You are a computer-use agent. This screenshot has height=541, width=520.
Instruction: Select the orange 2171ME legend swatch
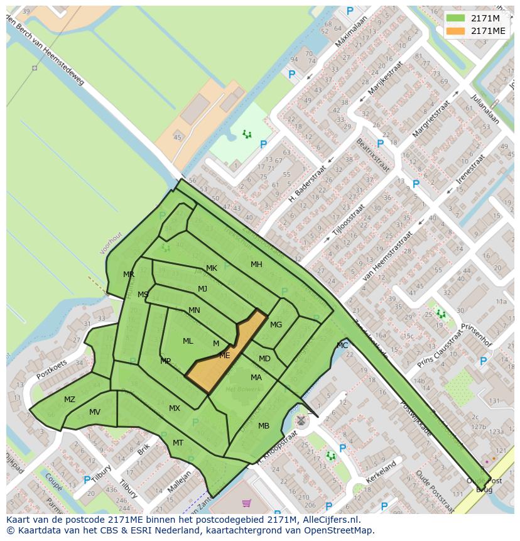(455, 31)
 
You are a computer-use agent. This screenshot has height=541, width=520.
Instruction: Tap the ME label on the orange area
(224, 355)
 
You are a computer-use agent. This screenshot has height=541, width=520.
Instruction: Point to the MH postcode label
(256, 265)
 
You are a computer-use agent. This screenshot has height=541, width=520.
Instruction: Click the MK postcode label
(212, 268)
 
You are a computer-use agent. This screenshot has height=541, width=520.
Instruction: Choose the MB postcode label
(264, 426)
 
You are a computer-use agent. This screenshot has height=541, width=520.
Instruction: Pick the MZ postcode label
(70, 400)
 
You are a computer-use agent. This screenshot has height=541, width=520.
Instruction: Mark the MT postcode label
(178, 443)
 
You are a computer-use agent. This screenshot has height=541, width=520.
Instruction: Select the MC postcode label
(342, 346)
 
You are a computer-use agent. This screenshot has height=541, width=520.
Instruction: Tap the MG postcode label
(276, 325)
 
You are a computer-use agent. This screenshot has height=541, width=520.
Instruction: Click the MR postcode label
(129, 275)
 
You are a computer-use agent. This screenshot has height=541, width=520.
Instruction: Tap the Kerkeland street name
(381, 473)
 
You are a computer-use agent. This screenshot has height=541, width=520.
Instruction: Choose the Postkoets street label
(51, 369)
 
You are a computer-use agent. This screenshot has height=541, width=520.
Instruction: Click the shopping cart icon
(246, 503)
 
